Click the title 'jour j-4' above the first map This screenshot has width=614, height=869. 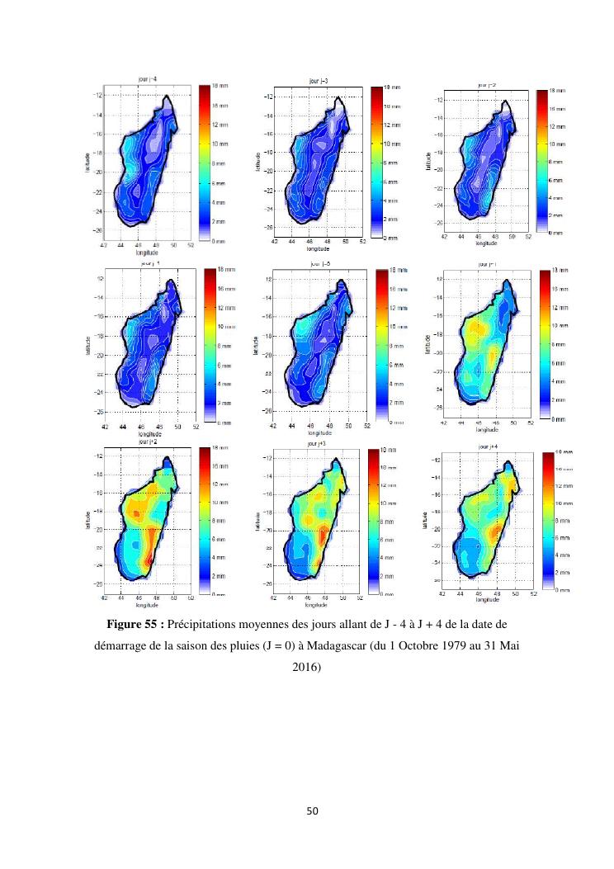149,78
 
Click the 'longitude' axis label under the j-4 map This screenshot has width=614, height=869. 147,252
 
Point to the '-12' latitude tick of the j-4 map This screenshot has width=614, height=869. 98,95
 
